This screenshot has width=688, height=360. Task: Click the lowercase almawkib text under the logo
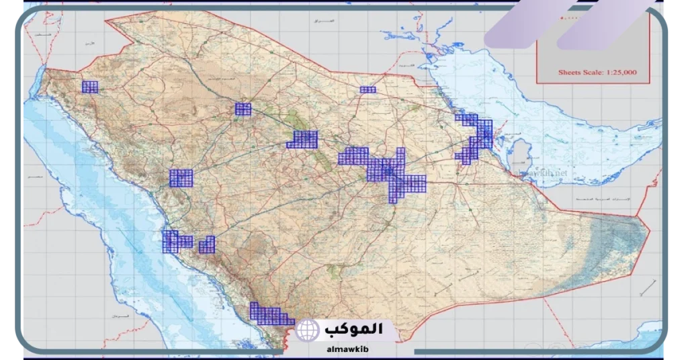click(345, 349)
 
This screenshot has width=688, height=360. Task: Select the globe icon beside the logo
click(308, 330)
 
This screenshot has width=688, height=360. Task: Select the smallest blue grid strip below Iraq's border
click(368, 89)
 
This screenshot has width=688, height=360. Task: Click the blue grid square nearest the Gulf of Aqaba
click(89, 87)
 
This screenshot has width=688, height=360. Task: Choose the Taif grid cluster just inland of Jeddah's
click(207, 245)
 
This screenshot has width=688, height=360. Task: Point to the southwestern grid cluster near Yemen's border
click(270, 315)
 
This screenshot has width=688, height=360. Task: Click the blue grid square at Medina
click(181, 178)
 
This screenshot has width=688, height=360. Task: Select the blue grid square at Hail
click(243, 109)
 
